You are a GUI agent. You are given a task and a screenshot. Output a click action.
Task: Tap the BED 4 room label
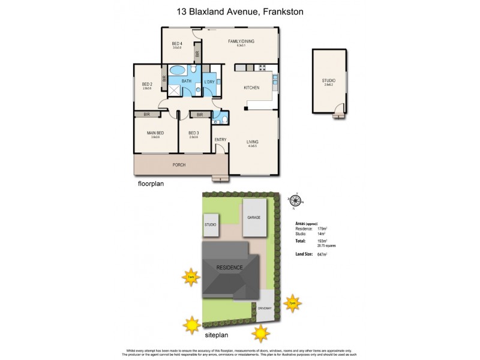[176, 44]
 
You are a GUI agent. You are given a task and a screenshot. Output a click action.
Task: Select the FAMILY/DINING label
[241, 41]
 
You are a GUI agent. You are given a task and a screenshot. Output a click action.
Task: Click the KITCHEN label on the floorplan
[251, 88]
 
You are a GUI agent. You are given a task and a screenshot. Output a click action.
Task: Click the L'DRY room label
[209, 82]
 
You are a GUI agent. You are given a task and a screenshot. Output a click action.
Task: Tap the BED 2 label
[147, 85]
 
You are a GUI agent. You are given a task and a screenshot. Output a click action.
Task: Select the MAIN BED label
[155, 133]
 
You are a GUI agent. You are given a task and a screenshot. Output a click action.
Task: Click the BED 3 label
[193, 133]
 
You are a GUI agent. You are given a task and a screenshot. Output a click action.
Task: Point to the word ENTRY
[220, 140]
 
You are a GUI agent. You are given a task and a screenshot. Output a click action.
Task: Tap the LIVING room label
[252, 142]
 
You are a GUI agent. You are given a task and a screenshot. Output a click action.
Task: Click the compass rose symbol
[294, 200]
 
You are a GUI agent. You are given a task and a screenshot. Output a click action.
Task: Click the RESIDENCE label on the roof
[230, 268]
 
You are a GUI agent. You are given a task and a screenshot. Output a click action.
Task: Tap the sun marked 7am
[191, 278]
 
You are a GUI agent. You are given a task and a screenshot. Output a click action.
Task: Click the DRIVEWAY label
[265, 308]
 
